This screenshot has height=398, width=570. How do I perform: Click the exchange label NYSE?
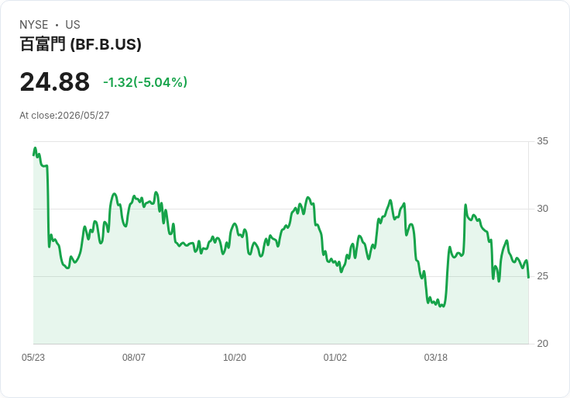click(34, 25)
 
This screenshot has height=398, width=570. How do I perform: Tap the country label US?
click(73, 25)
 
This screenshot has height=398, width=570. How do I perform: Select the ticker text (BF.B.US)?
click(106, 44)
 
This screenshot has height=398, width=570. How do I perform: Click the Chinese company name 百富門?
click(43, 44)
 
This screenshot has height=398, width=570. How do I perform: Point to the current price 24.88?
click(55, 82)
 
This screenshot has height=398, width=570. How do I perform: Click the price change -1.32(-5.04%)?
click(146, 82)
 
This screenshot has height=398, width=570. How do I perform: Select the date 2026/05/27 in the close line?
click(83, 116)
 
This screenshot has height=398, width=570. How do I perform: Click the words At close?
click(37, 116)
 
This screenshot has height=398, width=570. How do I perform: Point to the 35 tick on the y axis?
click(542, 141)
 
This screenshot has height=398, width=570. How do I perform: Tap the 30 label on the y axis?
click(542, 209)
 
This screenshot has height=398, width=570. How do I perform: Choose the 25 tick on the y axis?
click(542, 276)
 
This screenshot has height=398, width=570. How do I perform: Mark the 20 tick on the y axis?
click(542, 344)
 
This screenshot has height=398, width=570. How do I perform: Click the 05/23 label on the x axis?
click(33, 358)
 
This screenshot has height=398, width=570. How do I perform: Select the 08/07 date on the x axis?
click(134, 358)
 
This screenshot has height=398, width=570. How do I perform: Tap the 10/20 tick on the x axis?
click(235, 358)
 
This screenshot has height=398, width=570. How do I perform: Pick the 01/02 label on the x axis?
click(335, 358)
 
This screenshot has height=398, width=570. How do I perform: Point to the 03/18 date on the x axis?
click(436, 358)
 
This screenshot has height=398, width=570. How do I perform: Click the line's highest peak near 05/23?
click(36, 148)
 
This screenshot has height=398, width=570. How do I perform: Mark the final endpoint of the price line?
click(528, 278)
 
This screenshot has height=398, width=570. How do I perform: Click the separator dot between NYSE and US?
click(57, 25)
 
